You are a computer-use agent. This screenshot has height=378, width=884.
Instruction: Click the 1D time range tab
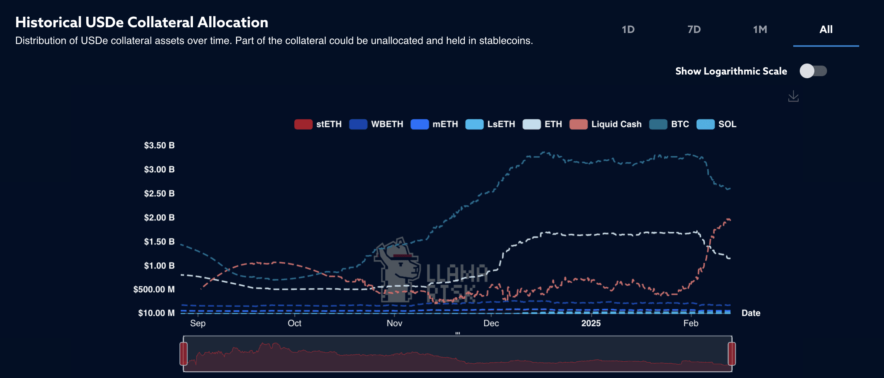(628, 29)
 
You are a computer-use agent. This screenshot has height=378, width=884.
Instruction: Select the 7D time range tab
(694, 29)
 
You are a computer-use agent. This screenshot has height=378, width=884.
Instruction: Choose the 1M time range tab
(760, 29)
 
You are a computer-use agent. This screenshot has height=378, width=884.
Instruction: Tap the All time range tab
(826, 29)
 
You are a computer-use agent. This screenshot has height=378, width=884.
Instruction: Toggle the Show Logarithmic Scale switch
(813, 71)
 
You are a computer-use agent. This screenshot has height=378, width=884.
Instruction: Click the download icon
(793, 97)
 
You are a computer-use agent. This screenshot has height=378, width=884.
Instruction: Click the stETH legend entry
(318, 124)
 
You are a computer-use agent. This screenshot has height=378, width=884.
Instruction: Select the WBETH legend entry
(376, 124)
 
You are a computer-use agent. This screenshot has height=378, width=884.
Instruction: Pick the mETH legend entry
(434, 124)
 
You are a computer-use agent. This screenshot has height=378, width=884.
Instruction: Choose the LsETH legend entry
(490, 124)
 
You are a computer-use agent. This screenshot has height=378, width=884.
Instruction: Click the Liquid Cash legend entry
(606, 124)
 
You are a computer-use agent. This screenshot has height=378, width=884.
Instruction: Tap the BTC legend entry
(670, 124)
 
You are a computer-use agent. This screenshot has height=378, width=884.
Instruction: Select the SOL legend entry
(717, 124)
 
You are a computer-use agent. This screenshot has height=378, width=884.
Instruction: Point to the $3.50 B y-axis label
(159, 145)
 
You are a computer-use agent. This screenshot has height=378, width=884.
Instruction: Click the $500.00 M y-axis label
(154, 289)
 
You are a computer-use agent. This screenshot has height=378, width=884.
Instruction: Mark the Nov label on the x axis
(394, 323)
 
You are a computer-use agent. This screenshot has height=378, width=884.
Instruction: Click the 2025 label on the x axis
(591, 323)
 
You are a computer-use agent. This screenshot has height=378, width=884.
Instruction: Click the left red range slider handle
(184, 354)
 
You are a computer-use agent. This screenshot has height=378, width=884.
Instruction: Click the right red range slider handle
(732, 354)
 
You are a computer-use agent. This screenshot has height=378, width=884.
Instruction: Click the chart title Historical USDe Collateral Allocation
(142, 22)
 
